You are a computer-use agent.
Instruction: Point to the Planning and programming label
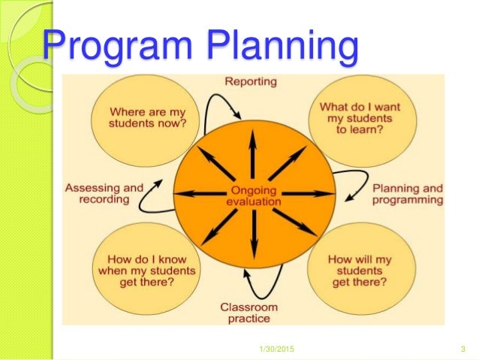click(x=408, y=194)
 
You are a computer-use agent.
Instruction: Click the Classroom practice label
click(x=249, y=313)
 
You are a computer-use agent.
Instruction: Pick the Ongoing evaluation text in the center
click(x=253, y=195)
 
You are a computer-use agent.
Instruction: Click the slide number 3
click(x=461, y=348)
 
